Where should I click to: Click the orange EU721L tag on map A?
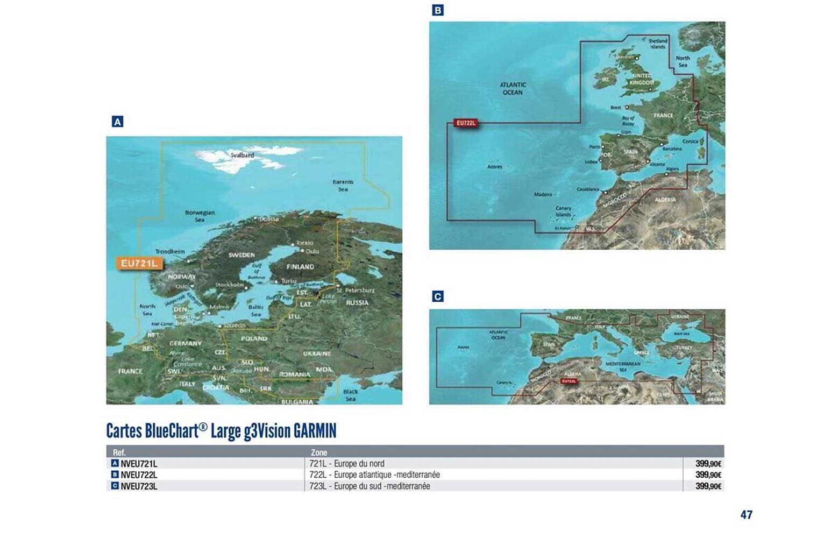(x=139, y=263)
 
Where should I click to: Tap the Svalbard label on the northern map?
(x=242, y=155)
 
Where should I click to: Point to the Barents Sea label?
(x=343, y=186)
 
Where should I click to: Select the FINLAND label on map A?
(x=300, y=267)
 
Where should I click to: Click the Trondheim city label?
(x=170, y=251)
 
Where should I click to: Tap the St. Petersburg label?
(x=356, y=291)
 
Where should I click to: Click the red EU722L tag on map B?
(x=466, y=123)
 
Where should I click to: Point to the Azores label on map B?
(x=495, y=167)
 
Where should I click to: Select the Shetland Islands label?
(x=658, y=44)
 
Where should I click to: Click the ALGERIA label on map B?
(x=665, y=200)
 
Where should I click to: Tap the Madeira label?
(x=543, y=194)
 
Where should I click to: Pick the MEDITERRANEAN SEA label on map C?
(x=623, y=367)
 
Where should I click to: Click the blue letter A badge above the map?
(x=117, y=122)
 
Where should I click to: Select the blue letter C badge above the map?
(x=438, y=296)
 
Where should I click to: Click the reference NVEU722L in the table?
(x=139, y=475)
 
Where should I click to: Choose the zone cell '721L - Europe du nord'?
(x=347, y=463)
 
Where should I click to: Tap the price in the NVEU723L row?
(x=708, y=486)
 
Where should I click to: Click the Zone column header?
(x=319, y=452)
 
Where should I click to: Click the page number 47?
(x=746, y=515)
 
